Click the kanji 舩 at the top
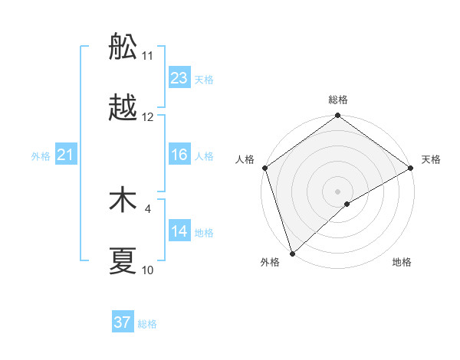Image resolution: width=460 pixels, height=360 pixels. click(x=123, y=48)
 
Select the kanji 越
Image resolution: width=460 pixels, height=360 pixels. click(x=123, y=108)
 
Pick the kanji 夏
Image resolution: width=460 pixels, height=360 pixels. click(x=123, y=261)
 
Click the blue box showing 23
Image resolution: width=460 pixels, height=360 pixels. click(x=179, y=78)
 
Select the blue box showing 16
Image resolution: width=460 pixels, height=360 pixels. click(x=179, y=155)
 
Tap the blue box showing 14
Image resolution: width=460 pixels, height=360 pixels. click(x=179, y=231)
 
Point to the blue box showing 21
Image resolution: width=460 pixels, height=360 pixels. click(x=66, y=155)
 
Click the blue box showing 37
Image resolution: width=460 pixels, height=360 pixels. click(x=123, y=322)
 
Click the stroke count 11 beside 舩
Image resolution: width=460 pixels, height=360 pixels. click(x=148, y=55)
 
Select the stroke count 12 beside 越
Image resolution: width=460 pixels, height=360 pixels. click(x=148, y=117)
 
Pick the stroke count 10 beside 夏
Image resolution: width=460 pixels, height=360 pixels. click(x=148, y=270)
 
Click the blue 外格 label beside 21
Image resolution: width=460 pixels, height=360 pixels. click(x=41, y=156)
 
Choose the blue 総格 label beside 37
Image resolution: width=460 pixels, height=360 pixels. click(x=147, y=324)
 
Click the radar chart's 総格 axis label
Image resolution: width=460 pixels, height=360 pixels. click(x=338, y=100)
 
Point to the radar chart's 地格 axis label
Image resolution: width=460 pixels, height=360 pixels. click(x=402, y=263)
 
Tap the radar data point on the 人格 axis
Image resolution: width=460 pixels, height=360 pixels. click(x=264, y=168)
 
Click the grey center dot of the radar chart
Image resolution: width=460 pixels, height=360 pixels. click(x=338, y=191)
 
